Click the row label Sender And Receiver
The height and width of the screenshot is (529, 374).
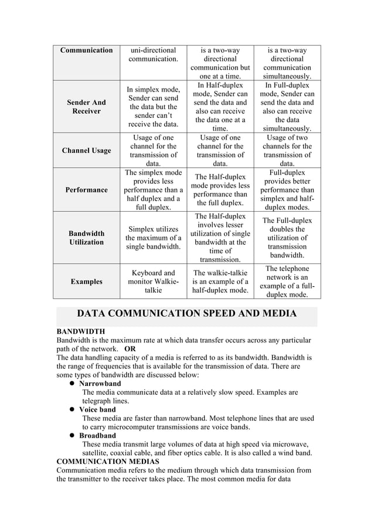pos(86,107)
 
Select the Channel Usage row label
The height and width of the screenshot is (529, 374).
pos(86,151)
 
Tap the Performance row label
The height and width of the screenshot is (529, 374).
pos(86,190)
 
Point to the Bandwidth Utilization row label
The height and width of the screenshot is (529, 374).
pos(86,238)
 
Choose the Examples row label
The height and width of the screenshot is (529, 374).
pos(86,282)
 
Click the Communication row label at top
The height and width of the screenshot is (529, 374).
pos(86,50)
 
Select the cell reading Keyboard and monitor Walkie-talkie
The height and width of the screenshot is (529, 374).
pos(153,282)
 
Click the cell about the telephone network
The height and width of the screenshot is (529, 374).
pos(287,282)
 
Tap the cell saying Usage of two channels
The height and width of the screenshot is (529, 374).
pos(287,151)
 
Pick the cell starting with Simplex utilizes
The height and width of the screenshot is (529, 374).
pos(153,238)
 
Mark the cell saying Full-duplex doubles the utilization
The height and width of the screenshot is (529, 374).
pos(287,238)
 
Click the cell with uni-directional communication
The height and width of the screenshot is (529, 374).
pos(153,55)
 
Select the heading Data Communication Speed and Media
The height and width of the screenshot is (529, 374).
pos(186,314)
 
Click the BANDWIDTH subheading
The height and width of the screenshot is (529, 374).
pos(80,332)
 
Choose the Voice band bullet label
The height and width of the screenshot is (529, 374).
pos(97,409)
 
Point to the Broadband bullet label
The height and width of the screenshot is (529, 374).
pos(97,436)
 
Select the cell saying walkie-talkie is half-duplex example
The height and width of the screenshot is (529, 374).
pos(220,282)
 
